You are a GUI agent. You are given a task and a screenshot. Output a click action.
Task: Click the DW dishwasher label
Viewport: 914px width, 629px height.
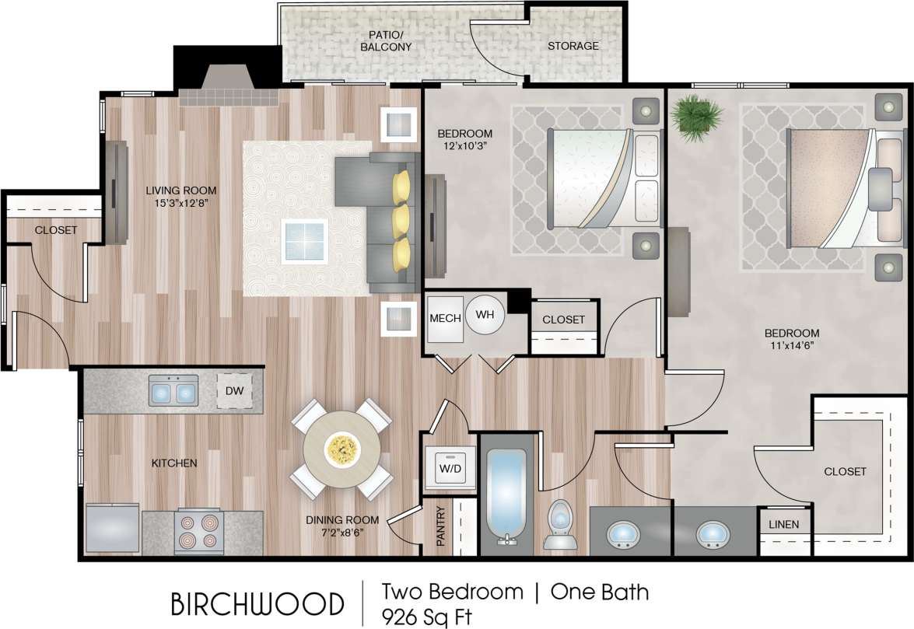(x=233, y=391)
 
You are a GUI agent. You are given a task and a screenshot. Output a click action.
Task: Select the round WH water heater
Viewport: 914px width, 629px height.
(x=485, y=315)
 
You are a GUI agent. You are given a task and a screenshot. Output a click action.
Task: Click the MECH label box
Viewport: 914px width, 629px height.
(x=446, y=319)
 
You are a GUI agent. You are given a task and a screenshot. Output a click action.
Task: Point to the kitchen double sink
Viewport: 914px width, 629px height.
(x=173, y=391)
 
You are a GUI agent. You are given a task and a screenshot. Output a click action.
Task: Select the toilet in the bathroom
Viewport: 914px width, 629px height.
(x=560, y=523)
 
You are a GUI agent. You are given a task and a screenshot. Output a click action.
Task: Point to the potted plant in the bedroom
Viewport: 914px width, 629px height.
(x=693, y=117)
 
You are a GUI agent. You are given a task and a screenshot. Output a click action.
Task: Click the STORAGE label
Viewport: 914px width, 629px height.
(x=573, y=46)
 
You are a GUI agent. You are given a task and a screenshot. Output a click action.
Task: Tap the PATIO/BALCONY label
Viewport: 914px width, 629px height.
(x=386, y=41)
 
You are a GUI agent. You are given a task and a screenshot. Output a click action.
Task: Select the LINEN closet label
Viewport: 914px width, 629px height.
(x=784, y=525)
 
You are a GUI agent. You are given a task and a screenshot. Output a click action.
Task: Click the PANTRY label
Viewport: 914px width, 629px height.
(x=440, y=526)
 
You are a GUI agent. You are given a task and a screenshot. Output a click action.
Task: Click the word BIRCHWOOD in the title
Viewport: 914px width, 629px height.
(x=257, y=604)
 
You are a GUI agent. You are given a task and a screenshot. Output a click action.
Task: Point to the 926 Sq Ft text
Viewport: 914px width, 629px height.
(x=426, y=617)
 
